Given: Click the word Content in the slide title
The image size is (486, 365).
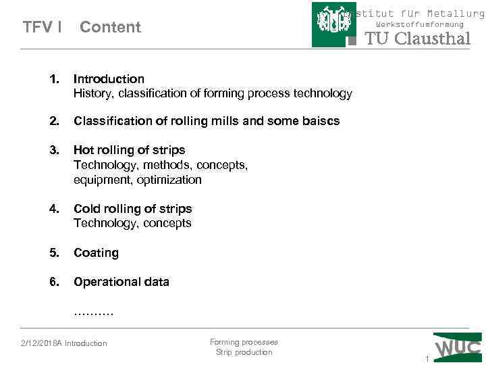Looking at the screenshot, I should (x=110, y=27).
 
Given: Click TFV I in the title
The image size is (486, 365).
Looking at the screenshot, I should (x=43, y=27).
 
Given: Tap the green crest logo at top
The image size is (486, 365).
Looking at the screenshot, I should (x=333, y=25).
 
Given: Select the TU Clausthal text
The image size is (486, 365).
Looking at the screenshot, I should (x=417, y=39).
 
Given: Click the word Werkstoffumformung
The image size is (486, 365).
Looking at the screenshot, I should (x=419, y=24).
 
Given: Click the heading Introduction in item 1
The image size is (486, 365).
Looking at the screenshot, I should (x=109, y=79).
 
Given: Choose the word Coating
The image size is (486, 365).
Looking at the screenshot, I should (x=96, y=253).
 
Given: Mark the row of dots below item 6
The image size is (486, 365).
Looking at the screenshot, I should (x=93, y=312).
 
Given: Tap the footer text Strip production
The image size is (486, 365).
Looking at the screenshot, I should (x=244, y=352).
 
